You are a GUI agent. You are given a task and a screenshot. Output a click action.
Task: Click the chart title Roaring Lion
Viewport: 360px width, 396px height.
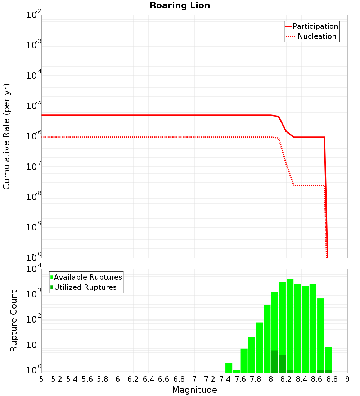pyautogui.click(x=180, y=5)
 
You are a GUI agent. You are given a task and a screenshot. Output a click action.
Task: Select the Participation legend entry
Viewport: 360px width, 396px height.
pyautogui.click(x=315, y=26)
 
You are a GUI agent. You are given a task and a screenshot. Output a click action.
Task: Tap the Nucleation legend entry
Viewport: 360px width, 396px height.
pyautogui.click(x=317, y=36)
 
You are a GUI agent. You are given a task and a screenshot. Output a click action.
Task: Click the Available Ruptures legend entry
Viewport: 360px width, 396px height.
pyautogui.click(x=88, y=277)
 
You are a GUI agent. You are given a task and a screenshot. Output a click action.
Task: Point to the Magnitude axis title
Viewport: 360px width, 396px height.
pyautogui.click(x=194, y=390)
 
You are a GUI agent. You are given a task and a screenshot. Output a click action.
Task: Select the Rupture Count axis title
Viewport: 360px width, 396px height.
pyautogui.click(x=14, y=321)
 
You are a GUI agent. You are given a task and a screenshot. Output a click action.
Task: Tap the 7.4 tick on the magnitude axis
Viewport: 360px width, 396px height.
pyautogui.click(x=225, y=379)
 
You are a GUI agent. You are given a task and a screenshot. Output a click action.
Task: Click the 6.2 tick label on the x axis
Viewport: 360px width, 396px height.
pyautogui.click(x=133, y=379)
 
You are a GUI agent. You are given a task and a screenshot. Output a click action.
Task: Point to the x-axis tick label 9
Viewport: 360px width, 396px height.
pyautogui.click(x=347, y=379)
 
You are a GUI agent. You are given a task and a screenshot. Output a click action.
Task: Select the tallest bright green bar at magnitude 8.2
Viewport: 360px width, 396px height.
pyautogui.click(x=290, y=324)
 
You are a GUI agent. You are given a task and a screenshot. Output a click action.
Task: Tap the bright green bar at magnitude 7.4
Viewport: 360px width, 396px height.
pyautogui.click(x=229, y=367)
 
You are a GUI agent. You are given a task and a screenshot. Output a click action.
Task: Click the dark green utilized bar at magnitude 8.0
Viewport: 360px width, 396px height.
pyautogui.click(x=275, y=361)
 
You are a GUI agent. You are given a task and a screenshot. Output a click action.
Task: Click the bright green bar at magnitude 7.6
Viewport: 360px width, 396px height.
pyautogui.click(x=244, y=360)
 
